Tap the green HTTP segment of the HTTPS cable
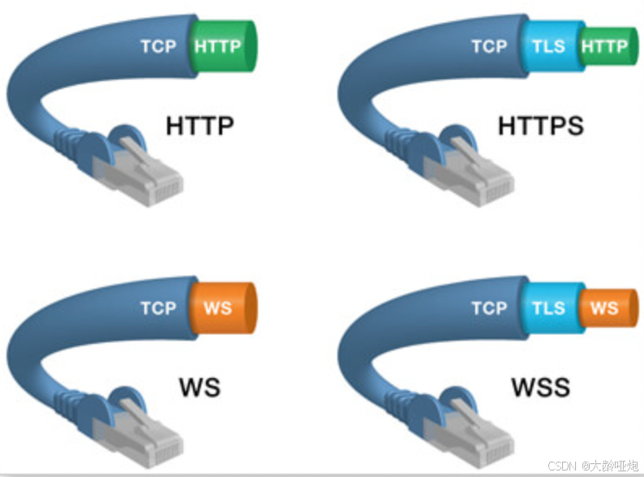[605, 47]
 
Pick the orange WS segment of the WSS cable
[605, 308]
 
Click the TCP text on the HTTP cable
[157, 46]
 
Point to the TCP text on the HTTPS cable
[489, 46]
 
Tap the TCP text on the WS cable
[157, 308]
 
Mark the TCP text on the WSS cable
[489, 308]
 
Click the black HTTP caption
[200, 127]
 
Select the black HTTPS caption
[540, 127]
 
